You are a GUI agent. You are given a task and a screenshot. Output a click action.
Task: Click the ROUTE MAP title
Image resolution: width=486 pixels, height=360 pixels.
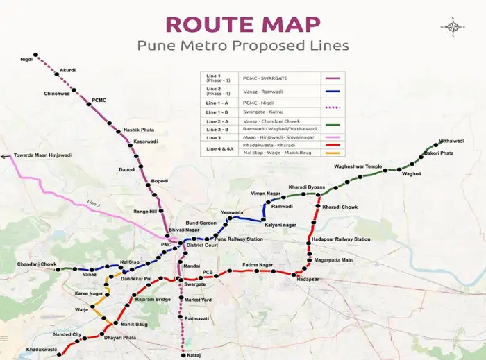(243, 24)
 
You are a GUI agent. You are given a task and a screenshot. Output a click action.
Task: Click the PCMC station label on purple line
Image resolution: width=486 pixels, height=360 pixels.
(99, 101)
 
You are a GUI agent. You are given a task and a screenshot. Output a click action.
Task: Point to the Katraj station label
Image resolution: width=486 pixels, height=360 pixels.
(193, 354)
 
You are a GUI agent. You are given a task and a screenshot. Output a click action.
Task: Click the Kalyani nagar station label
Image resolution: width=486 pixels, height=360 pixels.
(280, 225)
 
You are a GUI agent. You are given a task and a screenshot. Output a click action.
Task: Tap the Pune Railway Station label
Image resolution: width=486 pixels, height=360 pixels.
(239, 239)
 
